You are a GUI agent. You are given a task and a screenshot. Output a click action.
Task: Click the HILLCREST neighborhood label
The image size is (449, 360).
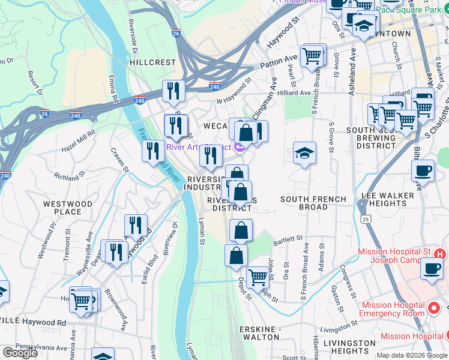pyautogui.click(x=153, y=62)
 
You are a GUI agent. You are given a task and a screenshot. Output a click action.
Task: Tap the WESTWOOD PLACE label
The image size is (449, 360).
pyautogui.click(x=67, y=208)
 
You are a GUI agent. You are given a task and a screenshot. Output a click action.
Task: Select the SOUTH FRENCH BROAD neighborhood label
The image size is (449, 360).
pyautogui.click(x=313, y=203)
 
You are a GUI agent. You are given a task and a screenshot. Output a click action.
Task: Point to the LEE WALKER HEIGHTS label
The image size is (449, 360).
pyautogui.click(x=387, y=200)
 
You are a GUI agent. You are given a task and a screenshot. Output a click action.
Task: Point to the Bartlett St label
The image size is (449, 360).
pyautogui.click(x=288, y=239)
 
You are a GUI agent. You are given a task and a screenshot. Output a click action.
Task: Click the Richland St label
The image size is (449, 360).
pyautogui.click(x=70, y=178)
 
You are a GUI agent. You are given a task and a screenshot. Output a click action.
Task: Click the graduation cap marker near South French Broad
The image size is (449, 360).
pyautogui.click(x=304, y=154)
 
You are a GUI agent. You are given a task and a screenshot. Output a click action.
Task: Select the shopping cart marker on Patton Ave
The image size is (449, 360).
pyautogui.click(x=312, y=56)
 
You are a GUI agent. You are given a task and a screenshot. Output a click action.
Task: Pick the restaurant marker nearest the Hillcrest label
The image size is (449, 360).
pyautogui.click(x=173, y=91)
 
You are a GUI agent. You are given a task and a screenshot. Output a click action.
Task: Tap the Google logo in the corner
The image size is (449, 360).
pyautogui.click(x=20, y=353)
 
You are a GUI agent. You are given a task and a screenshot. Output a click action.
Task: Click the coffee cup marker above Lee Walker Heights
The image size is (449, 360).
pyautogui.click(x=423, y=171)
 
